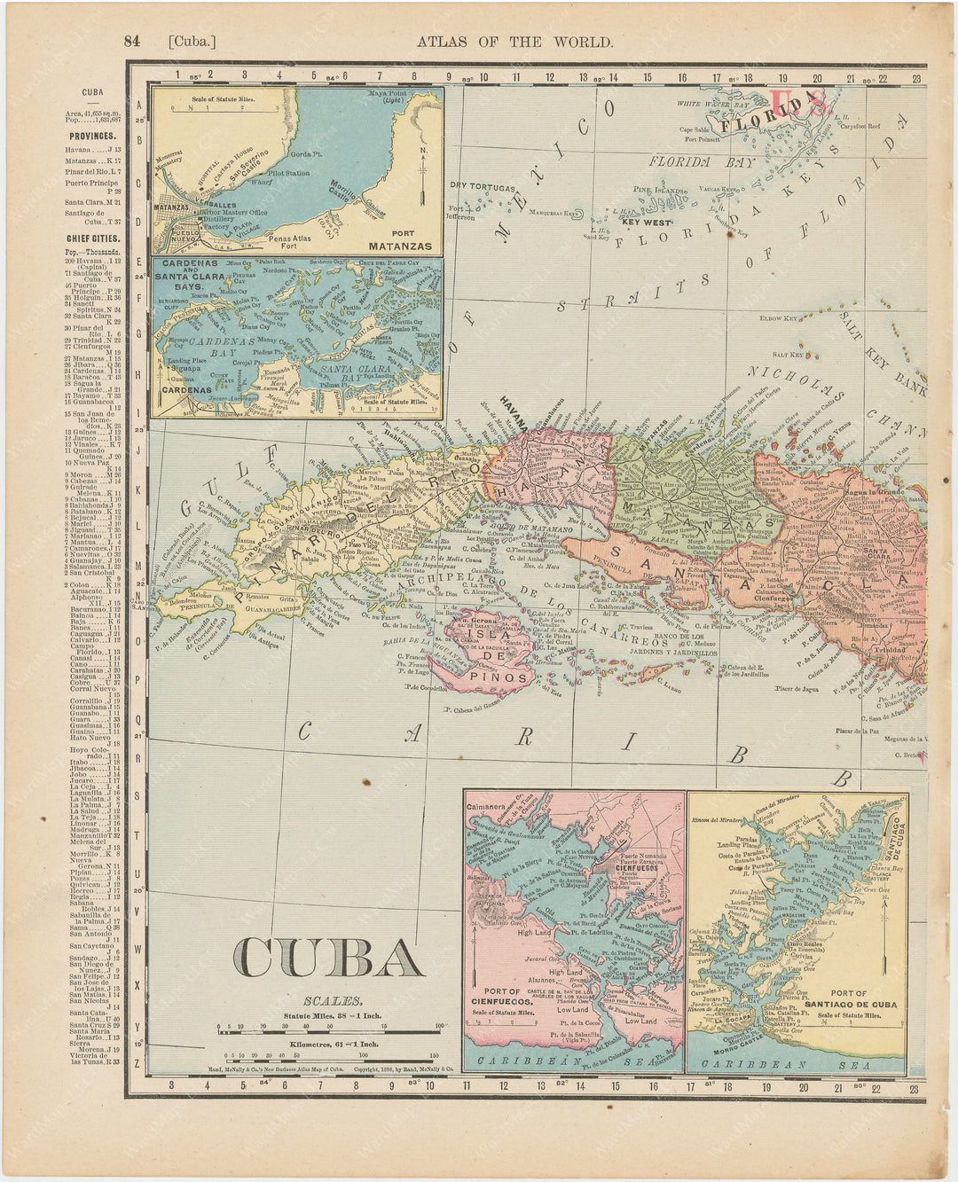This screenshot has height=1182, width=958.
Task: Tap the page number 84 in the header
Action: pyautogui.click(x=133, y=41)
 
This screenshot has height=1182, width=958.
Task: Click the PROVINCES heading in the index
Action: pyautogui.click(x=91, y=136)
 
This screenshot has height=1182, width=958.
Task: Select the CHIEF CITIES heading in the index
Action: pyautogui.click(x=91, y=238)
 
